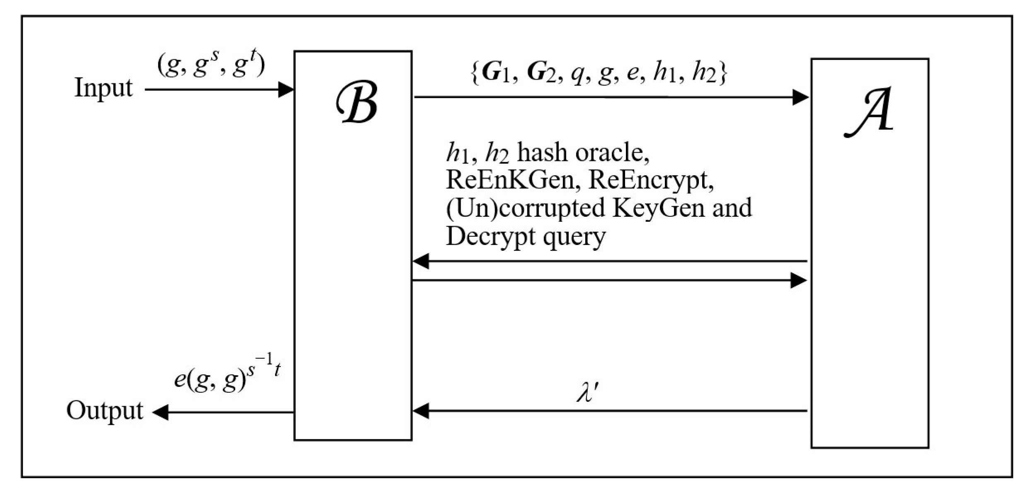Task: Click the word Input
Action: [x=103, y=88]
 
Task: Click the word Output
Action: [x=104, y=410]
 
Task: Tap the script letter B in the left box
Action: [x=357, y=102]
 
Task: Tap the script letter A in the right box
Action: [x=869, y=112]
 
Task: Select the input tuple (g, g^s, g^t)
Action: [x=211, y=66]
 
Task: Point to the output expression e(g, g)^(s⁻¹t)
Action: [x=227, y=375]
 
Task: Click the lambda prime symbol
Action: [x=587, y=392]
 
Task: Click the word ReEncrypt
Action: [x=650, y=181]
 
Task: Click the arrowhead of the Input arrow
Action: [x=286, y=89]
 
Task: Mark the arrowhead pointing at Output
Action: [x=160, y=412]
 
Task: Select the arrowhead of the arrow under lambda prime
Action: [x=421, y=411]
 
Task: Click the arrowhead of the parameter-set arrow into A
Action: [x=800, y=97]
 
